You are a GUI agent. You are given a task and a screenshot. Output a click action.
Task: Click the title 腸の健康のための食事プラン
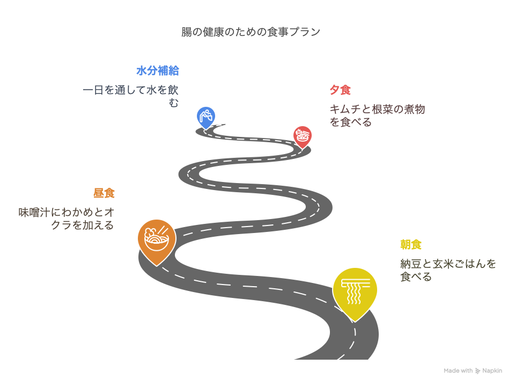click(x=251, y=32)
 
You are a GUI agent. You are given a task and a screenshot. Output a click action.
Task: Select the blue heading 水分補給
click(x=158, y=71)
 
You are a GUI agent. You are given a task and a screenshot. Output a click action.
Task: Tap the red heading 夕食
click(x=340, y=90)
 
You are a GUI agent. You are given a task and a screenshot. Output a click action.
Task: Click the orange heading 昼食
click(x=104, y=193)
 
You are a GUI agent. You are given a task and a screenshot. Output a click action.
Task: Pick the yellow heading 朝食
click(x=411, y=245)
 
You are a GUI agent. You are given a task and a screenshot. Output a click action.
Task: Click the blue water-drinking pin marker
click(x=206, y=116)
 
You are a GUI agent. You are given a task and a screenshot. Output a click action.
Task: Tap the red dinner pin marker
click(x=302, y=136)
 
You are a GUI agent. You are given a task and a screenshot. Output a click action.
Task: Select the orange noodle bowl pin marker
click(x=157, y=240)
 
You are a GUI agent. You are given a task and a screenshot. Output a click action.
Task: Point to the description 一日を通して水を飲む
click(x=130, y=96)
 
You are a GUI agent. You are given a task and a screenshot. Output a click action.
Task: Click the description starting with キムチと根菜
click(x=377, y=115)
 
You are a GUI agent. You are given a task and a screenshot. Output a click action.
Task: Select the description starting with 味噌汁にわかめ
click(x=67, y=219)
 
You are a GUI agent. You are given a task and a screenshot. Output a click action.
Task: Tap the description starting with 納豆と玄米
click(x=448, y=270)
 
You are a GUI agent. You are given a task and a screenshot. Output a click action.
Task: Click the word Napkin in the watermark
click(x=492, y=370)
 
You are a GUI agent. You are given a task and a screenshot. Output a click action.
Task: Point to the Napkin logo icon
click(x=477, y=371)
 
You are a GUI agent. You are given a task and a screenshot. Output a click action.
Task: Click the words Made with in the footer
click(x=458, y=370)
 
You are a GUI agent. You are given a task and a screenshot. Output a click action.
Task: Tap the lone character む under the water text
click(x=174, y=103)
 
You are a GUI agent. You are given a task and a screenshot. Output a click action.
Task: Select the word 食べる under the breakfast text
click(x=416, y=277)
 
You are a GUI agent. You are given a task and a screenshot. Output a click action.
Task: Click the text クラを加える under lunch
click(x=83, y=225)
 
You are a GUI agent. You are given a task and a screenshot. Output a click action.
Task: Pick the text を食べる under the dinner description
click(x=350, y=122)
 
